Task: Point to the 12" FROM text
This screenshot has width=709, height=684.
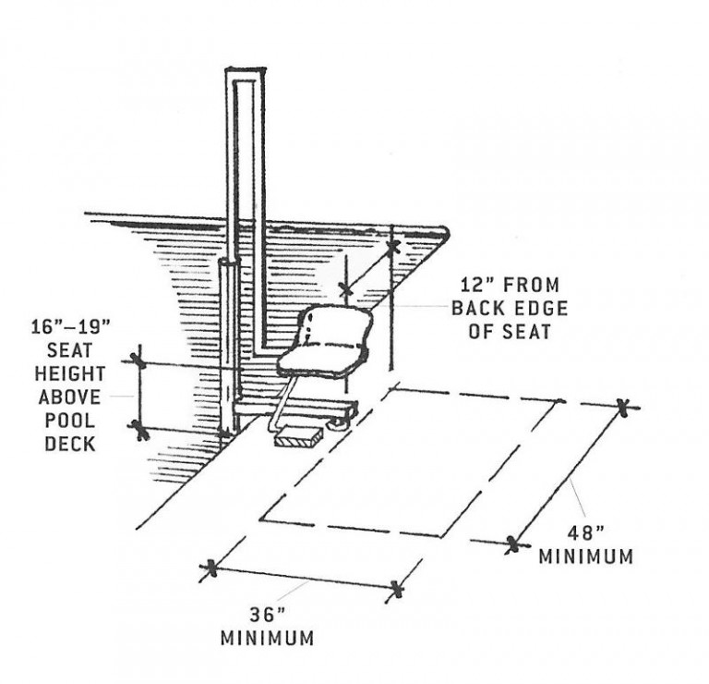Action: [x=509, y=287]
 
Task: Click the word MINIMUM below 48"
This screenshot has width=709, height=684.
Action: [x=586, y=557]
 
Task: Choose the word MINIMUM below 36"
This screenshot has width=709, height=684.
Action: [x=267, y=638]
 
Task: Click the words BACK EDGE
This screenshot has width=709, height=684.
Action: [x=509, y=309]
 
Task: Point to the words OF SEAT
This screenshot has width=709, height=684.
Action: [x=509, y=331]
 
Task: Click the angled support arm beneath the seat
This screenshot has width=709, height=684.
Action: [x=282, y=401]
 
